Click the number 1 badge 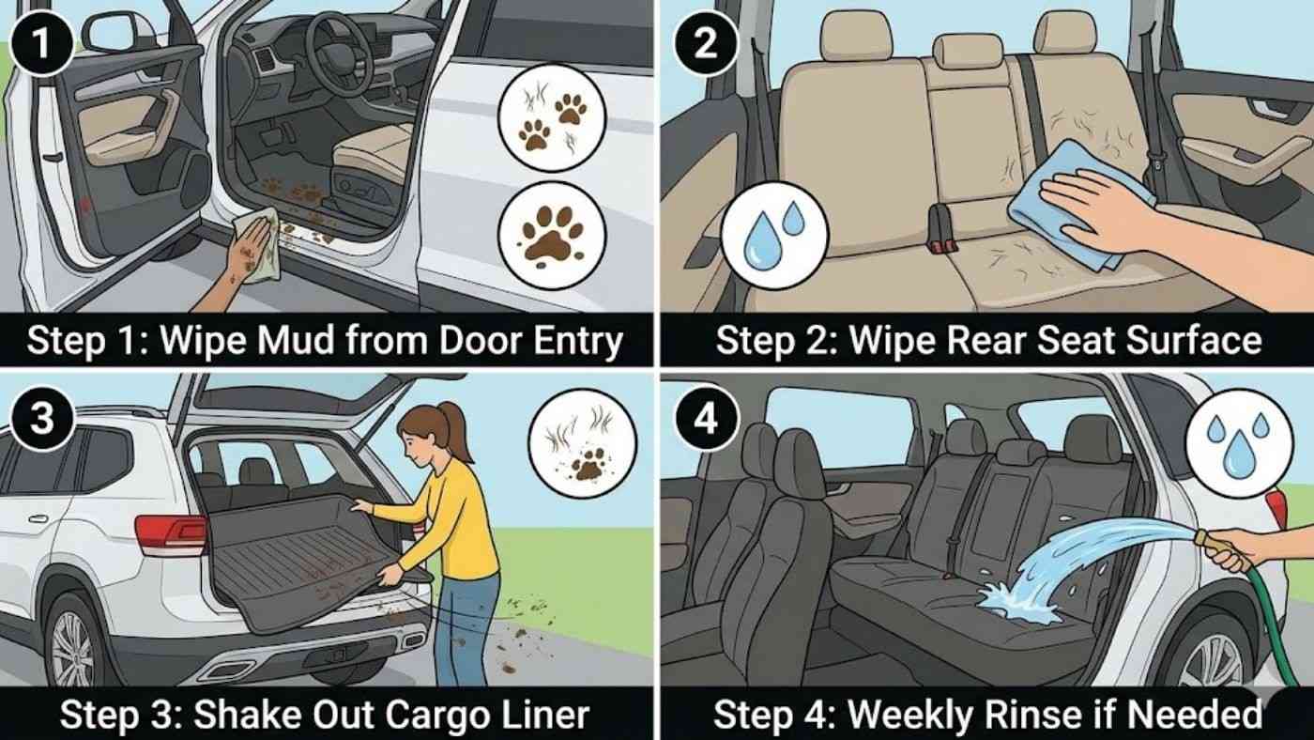pos(38,40)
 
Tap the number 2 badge pos(703,40)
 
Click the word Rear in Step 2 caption pos(939,340)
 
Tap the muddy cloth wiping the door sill pos(259,242)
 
